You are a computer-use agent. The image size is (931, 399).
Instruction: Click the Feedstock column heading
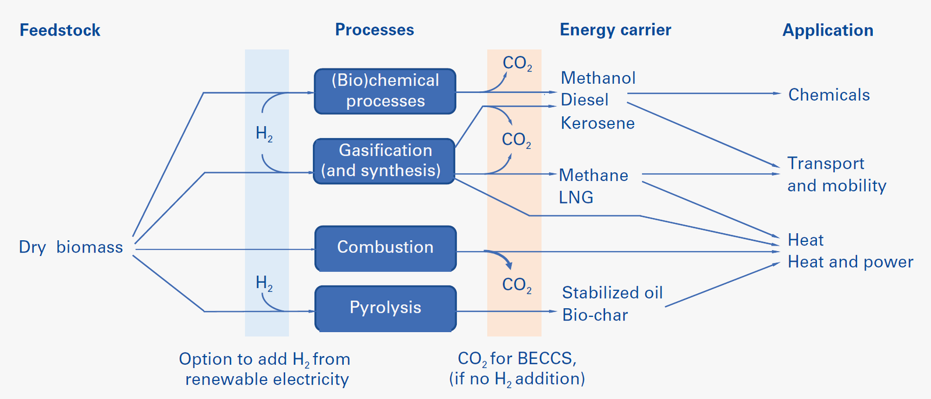60,30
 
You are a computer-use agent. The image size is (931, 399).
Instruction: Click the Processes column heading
374,30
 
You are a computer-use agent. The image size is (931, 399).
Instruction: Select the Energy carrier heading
615,30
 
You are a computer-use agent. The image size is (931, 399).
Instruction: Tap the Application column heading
827,30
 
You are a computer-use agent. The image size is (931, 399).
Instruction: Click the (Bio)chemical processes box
385,91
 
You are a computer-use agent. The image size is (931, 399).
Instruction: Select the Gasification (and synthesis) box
384,161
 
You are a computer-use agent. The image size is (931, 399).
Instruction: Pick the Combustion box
385,248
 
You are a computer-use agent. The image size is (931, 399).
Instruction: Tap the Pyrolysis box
385,308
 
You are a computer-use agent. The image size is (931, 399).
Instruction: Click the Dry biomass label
71,247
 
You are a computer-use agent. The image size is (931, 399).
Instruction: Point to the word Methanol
598,78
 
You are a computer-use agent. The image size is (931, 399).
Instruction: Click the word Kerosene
597,123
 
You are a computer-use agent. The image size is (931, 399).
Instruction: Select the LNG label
575,198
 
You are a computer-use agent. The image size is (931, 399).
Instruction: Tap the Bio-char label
595,315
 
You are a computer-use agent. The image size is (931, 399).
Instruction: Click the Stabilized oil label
612,293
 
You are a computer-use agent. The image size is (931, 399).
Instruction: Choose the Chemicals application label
829,95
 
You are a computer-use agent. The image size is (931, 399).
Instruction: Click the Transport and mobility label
836,174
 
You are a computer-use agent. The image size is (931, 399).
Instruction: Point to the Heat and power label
850,262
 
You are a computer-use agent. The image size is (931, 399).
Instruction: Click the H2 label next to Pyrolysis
264,284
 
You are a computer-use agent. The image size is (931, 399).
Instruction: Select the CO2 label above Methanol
517,63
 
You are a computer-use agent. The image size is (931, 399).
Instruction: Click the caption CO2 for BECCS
517,359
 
